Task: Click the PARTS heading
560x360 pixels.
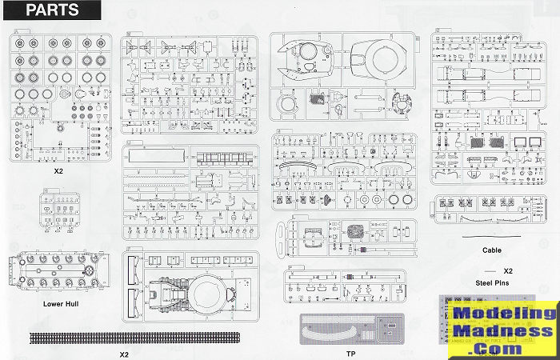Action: click(53, 11)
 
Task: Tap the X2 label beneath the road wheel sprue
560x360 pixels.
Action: click(57, 171)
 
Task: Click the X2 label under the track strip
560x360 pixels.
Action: click(123, 354)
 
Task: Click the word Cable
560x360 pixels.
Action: click(492, 250)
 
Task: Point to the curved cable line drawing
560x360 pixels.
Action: click(492, 238)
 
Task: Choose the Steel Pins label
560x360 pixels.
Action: click(493, 282)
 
